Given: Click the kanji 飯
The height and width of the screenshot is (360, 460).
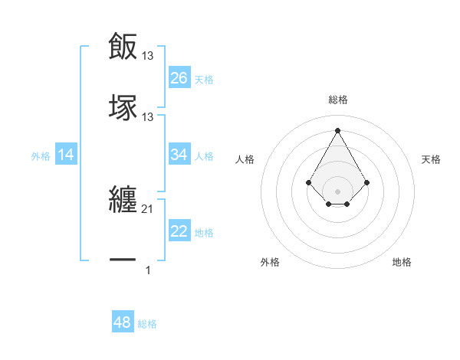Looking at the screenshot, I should click(123, 47).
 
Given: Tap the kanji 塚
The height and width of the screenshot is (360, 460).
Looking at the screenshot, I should click(123, 107).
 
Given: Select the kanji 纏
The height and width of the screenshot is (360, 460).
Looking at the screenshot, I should click(123, 201).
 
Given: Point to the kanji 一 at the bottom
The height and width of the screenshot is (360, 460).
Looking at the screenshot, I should click(123, 261).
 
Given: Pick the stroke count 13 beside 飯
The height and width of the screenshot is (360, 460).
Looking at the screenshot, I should click(148, 55).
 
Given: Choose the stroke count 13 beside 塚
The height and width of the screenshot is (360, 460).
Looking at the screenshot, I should click(148, 116).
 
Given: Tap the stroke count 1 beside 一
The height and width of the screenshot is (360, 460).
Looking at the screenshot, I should click(148, 270).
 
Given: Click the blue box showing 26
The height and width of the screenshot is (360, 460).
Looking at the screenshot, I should click(179, 78).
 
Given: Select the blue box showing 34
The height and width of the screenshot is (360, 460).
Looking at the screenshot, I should click(179, 155).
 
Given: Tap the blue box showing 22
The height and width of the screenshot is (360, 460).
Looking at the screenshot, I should click(179, 231).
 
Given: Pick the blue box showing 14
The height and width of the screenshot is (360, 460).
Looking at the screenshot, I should click(66, 155).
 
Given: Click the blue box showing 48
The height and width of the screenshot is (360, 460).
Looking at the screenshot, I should click(123, 322).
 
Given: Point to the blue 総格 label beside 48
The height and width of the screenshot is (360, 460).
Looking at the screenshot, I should click(147, 324).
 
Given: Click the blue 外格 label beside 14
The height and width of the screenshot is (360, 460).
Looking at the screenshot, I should click(41, 156).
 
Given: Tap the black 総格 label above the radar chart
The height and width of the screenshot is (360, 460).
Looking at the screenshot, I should click(338, 100).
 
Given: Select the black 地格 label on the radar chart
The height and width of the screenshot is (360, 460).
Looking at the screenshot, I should click(402, 262).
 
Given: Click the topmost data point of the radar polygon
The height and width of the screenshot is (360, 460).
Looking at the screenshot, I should click(338, 130).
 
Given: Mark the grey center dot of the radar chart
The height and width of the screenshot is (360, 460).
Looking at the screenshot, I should click(338, 191).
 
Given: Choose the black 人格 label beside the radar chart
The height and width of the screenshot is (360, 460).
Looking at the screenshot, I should click(245, 159).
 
